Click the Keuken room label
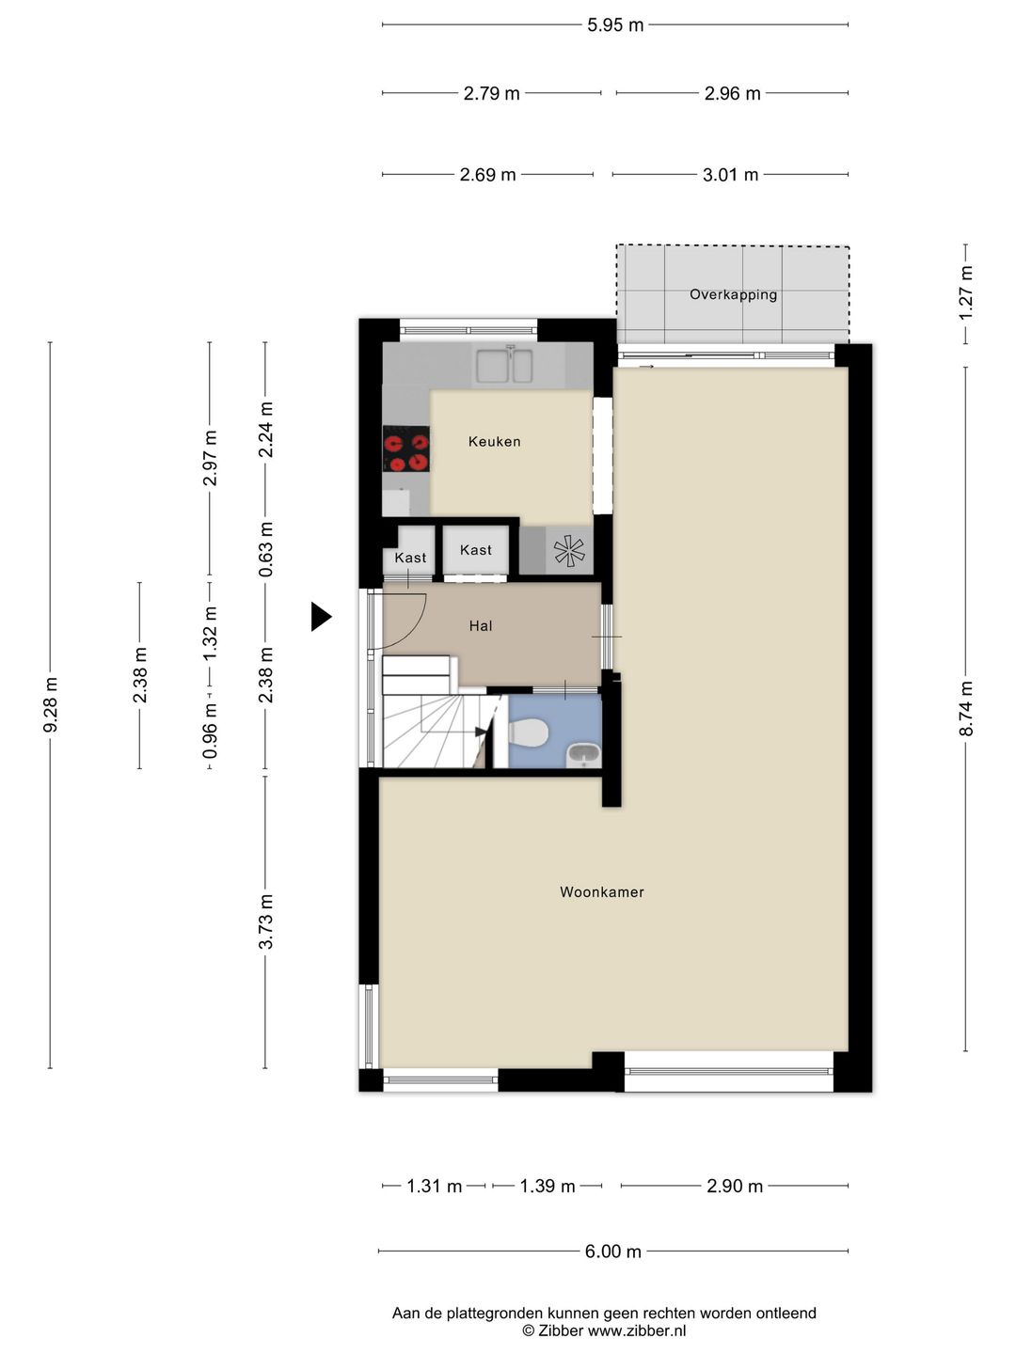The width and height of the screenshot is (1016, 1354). click(494, 442)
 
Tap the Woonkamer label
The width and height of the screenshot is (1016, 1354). click(602, 892)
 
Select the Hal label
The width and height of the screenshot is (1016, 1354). click(481, 626)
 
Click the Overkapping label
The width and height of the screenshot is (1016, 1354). click(733, 295)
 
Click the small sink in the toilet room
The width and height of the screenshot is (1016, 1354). click(583, 755)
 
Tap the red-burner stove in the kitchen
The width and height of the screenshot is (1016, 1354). click(405, 449)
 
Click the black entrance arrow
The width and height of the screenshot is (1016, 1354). click(321, 616)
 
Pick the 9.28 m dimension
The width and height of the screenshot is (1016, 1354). click(50, 705)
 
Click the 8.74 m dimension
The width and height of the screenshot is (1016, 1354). click(965, 708)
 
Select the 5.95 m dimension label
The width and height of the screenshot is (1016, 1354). click(615, 25)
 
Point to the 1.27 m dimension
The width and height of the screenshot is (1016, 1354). click(965, 293)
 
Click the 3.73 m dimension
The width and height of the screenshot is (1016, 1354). click(265, 921)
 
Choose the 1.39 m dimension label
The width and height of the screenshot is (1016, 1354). click(548, 1187)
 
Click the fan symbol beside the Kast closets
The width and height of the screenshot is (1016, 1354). click(569, 551)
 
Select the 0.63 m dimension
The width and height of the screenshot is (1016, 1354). click(265, 549)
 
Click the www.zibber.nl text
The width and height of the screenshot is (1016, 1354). click(637, 1331)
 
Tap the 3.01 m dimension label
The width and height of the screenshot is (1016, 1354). click(730, 175)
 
